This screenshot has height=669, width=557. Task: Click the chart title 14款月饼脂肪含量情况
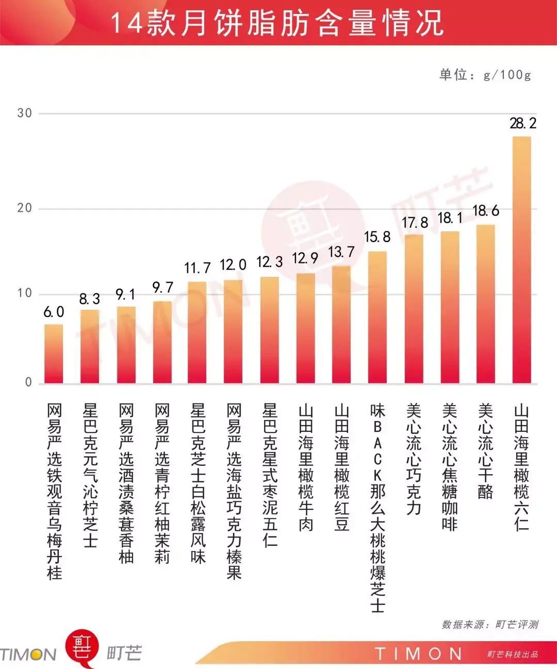pyautogui.click(x=277, y=23)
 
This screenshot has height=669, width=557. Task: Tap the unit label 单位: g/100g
pyautogui.click(x=485, y=75)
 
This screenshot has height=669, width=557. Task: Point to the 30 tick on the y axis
pyautogui.click(x=24, y=113)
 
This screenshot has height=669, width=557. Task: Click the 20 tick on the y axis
pyautogui.click(x=24, y=208)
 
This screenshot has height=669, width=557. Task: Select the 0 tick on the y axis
pyautogui.click(x=28, y=382)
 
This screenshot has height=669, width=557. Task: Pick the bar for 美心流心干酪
pyautogui.click(x=485, y=304)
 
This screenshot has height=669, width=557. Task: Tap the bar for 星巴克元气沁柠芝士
pyautogui.click(x=90, y=346)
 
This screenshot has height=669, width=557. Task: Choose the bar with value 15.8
pyautogui.click(x=378, y=317)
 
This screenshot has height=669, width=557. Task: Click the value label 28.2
pyautogui.click(x=523, y=124)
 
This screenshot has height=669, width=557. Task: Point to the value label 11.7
pyautogui.click(x=198, y=268)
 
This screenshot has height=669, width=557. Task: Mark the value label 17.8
pyautogui.click(x=415, y=223)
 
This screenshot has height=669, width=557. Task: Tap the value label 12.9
pyautogui.click(x=305, y=258)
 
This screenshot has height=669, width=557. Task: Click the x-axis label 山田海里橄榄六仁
pyautogui.click(x=521, y=467)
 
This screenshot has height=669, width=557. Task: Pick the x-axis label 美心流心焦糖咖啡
pyautogui.click(x=450, y=467)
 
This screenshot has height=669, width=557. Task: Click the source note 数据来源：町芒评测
pyautogui.click(x=490, y=625)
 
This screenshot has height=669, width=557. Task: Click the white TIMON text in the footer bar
pyautogui.click(x=418, y=654)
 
